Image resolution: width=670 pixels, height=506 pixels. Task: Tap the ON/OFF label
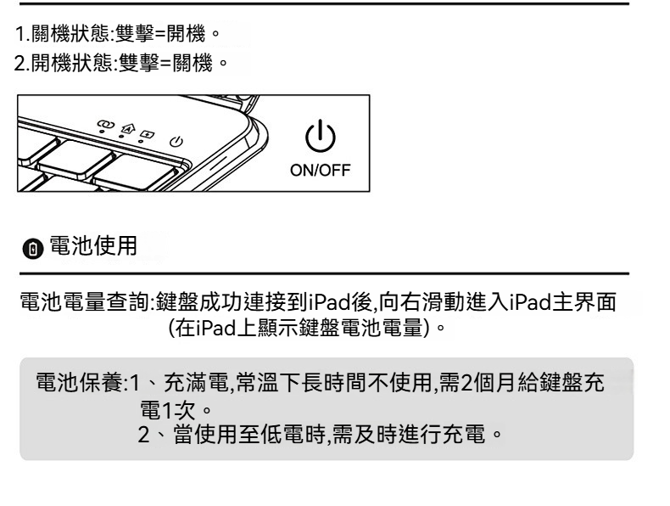click(322, 168)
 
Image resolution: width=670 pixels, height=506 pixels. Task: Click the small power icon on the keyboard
click(176, 142)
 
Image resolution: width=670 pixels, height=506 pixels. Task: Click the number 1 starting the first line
click(20, 39)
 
